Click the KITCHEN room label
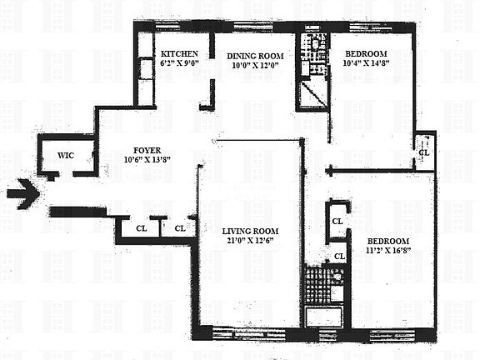point(177,51)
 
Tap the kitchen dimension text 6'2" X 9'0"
point(177,62)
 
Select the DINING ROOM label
point(256,56)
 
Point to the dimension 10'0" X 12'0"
point(256,67)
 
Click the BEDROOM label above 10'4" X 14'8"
point(366,51)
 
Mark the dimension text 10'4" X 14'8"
point(366,62)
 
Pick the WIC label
point(66,156)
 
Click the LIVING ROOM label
point(250,231)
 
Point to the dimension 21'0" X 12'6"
point(250,242)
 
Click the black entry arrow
point(22,195)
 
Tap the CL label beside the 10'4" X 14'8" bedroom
point(424,153)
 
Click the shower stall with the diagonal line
point(314,94)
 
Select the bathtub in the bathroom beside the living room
point(326,317)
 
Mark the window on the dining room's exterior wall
point(254,34)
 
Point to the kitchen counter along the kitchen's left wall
point(145,71)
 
